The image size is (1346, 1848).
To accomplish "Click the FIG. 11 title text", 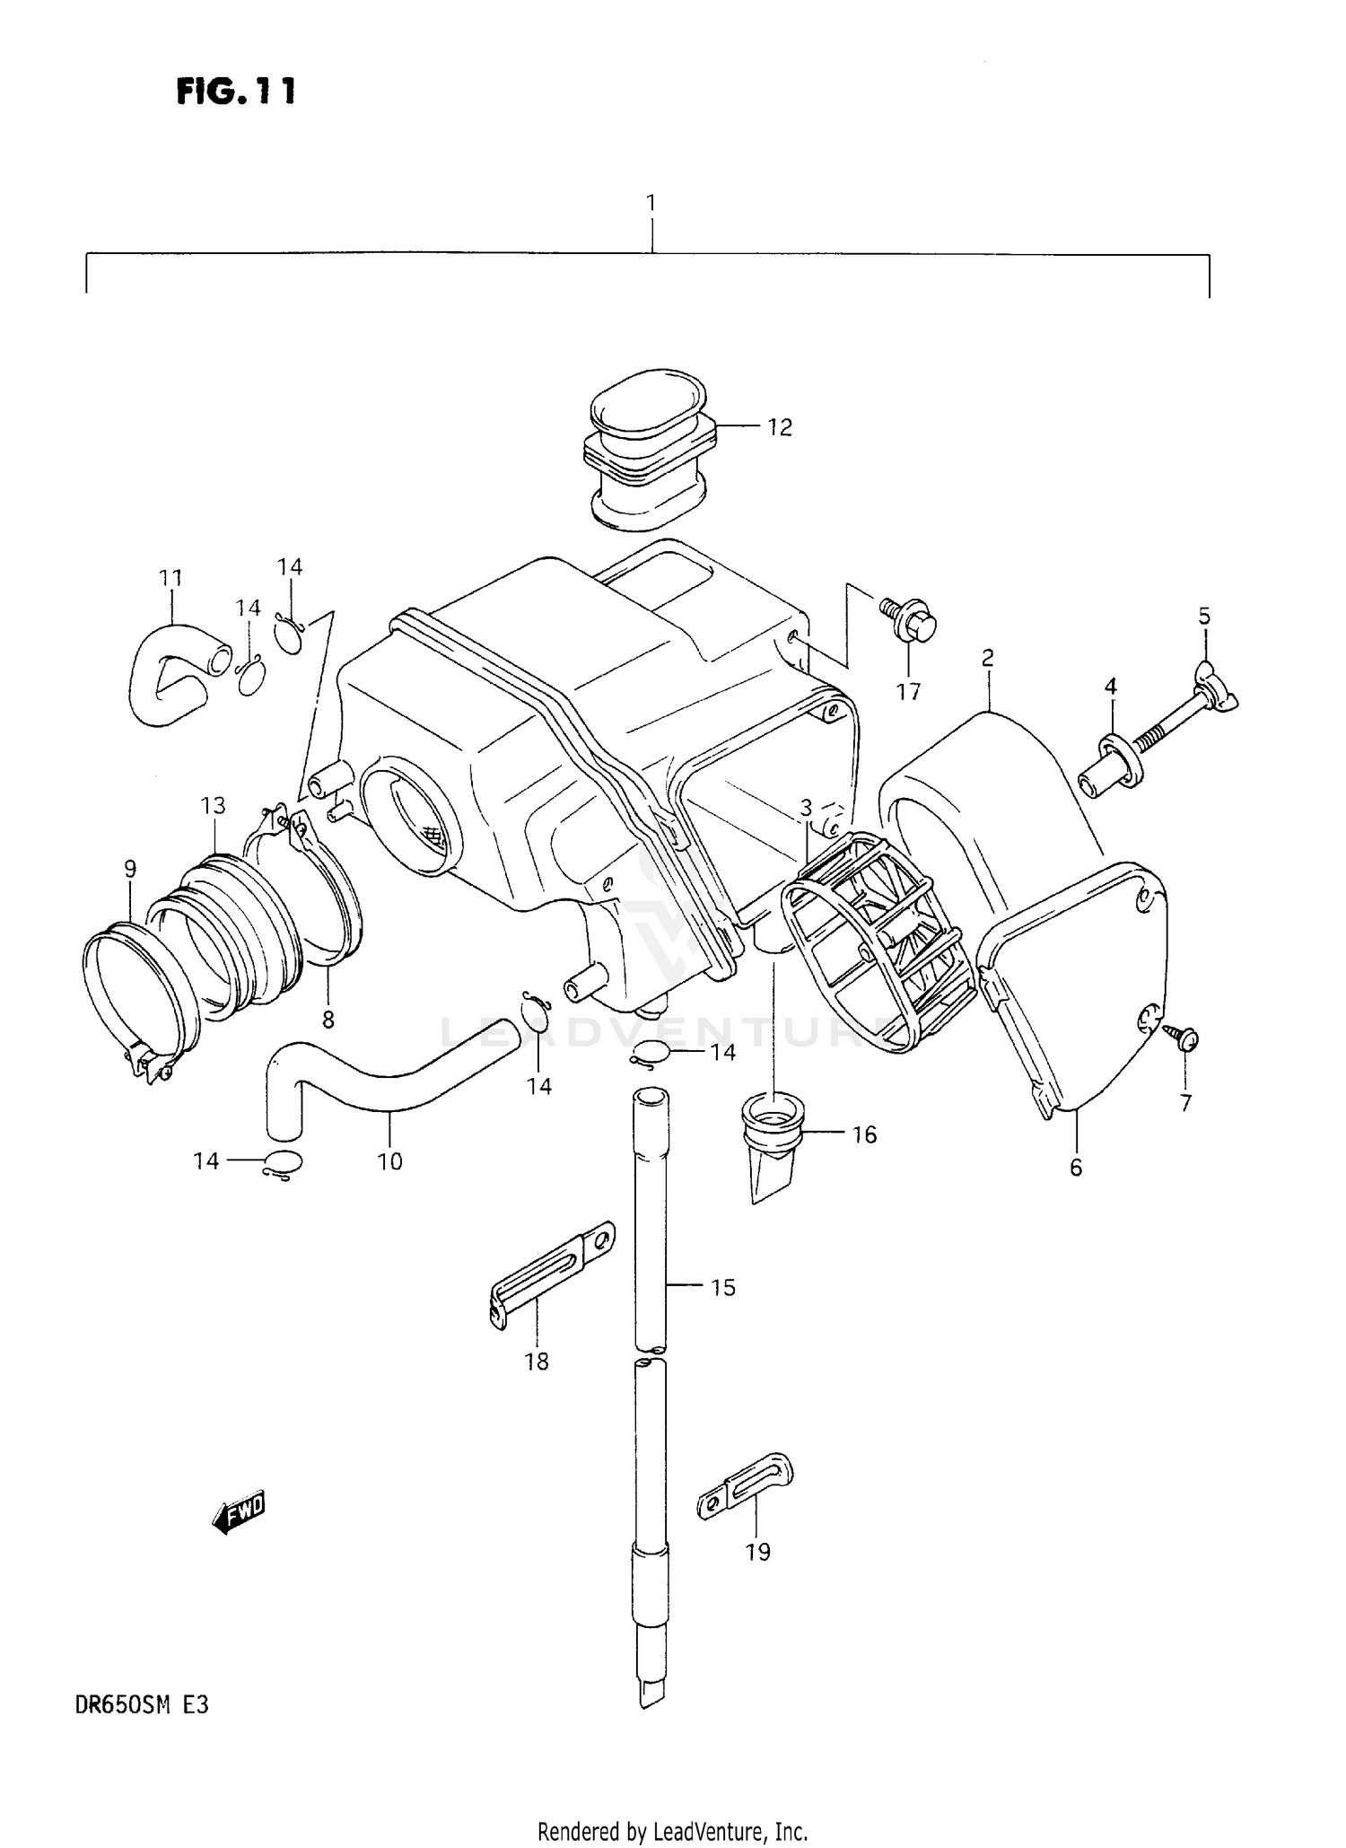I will pos(235,91).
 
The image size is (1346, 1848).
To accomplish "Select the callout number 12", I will pos(780,428).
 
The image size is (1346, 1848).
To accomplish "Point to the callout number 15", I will pos(722,1288).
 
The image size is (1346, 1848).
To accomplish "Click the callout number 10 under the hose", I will pos(389,1161).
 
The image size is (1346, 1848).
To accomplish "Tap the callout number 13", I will pos(213,805).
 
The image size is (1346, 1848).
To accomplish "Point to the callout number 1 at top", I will pos(651,203).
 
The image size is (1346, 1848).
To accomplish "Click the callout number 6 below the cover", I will pos(1076,1167).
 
